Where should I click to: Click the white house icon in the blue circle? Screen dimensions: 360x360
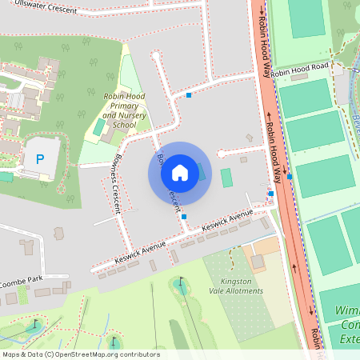(x=179, y=172)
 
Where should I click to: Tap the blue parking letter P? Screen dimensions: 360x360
(x=39, y=159)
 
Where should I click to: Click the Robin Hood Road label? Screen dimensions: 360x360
(x=300, y=70)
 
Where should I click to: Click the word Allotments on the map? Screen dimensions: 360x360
(x=244, y=291)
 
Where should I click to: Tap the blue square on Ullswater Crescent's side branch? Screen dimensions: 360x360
(x=189, y=95)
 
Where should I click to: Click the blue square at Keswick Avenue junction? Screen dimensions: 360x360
(x=184, y=216)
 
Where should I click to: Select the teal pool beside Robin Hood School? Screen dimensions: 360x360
(x=98, y=126)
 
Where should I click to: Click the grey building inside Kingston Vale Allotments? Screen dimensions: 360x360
(x=258, y=262)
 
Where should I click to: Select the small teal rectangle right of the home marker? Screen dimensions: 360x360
(x=226, y=177)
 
